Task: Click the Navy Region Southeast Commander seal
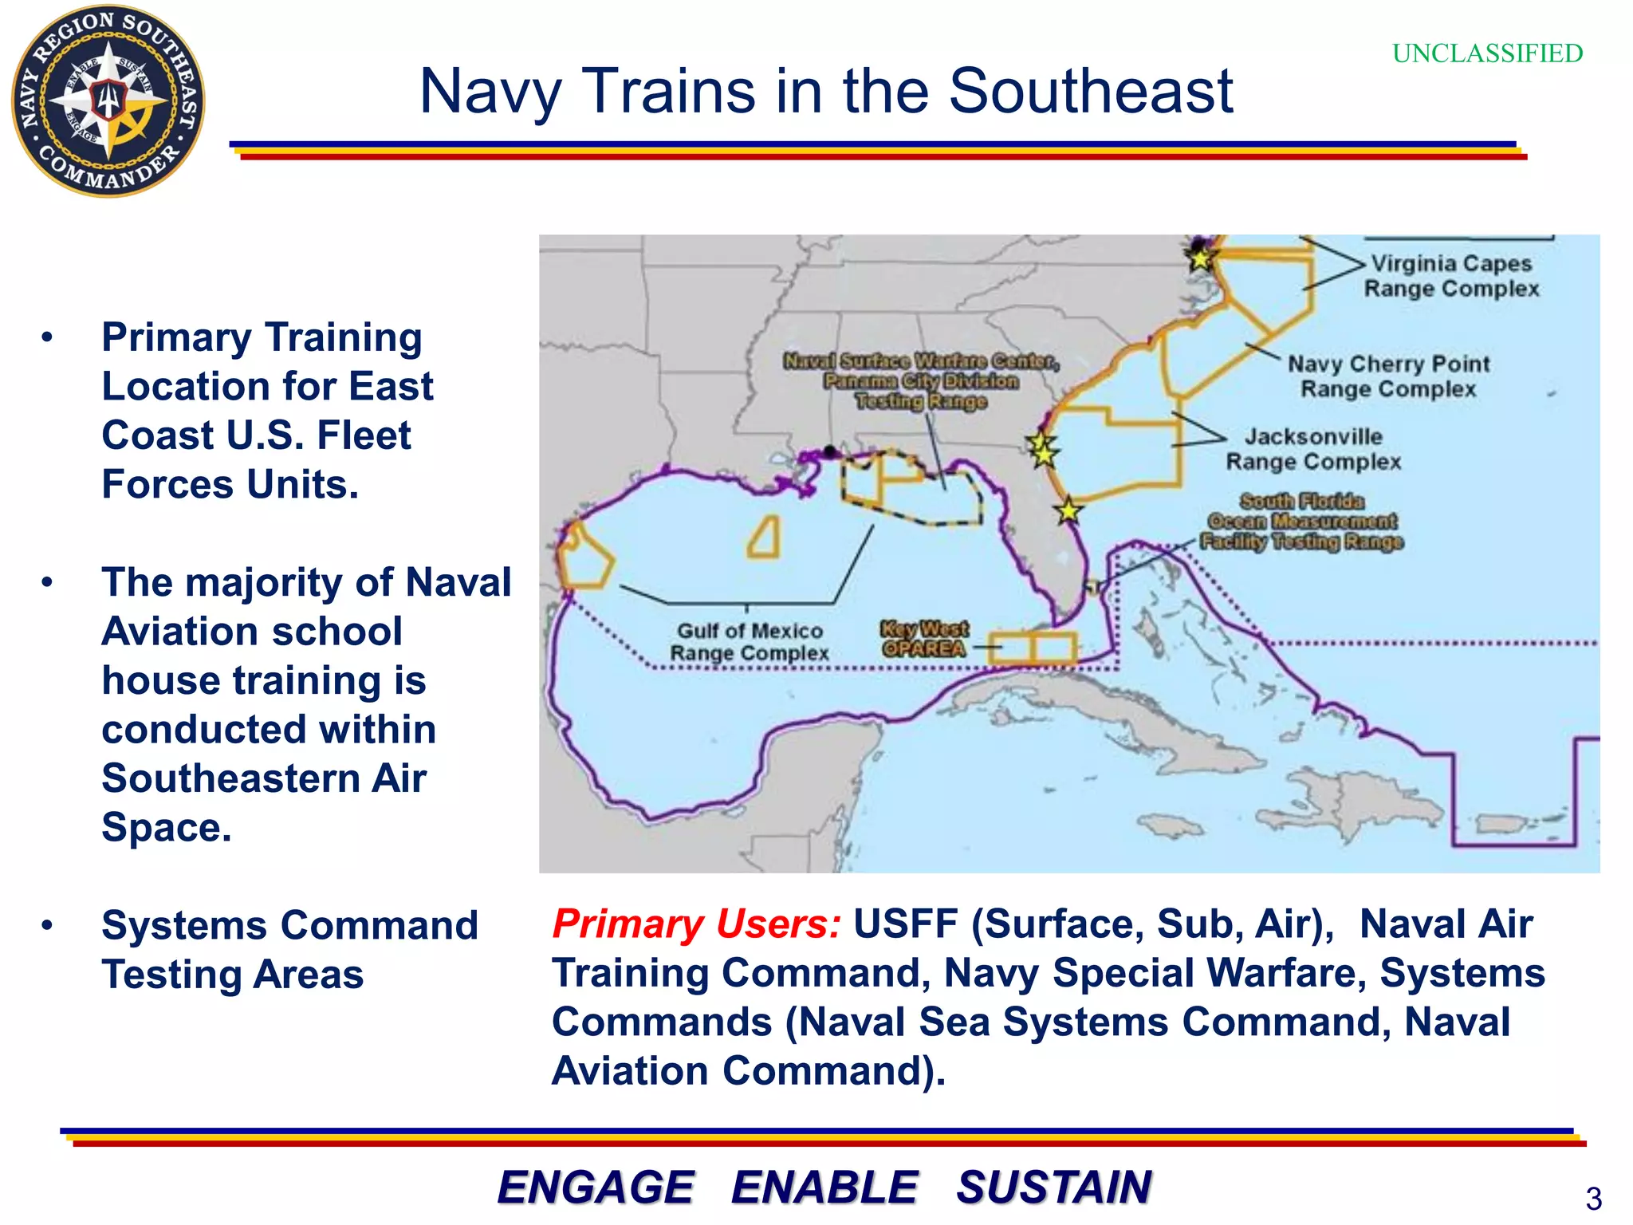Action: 108,101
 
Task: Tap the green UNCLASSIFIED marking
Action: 1487,53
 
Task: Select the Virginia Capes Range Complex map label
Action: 1451,276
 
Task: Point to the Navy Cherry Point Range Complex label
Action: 1388,376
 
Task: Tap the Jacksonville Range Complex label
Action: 1313,449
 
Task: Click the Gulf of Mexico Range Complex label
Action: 749,642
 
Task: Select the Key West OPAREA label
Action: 924,639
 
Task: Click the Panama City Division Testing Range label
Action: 921,381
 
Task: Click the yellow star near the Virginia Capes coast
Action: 1200,258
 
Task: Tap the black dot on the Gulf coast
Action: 830,451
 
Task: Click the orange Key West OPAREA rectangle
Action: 1033,648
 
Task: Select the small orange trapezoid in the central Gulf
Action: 765,538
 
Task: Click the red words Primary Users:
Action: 696,924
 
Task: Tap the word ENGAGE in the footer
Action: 596,1187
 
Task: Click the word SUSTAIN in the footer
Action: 1054,1187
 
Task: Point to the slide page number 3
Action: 1593,1199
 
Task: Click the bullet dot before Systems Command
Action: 47,925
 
